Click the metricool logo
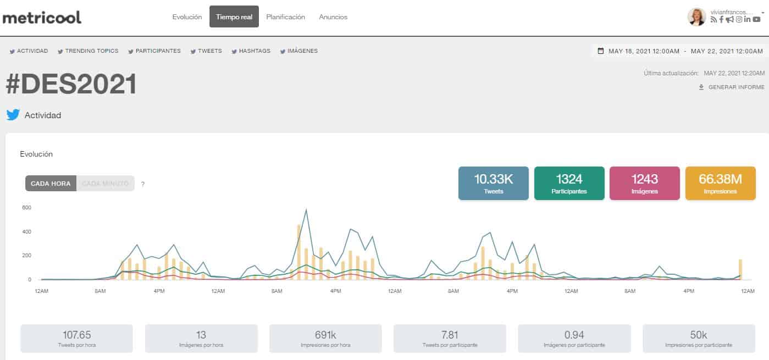pyautogui.click(x=42, y=18)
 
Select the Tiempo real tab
pyautogui.click(x=234, y=16)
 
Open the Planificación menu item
pyautogui.click(x=286, y=17)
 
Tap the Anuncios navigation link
pyautogui.click(x=333, y=17)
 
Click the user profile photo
pyautogui.click(x=697, y=17)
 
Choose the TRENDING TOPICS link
pyautogui.click(x=88, y=51)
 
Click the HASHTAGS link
pyautogui.click(x=251, y=51)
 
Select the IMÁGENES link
pyautogui.click(x=298, y=51)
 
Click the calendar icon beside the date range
pyautogui.click(x=601, y=51)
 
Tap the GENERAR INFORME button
pyautogui.click(x=732, y=87)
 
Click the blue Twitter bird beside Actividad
pyautogui.click(x=13, y=115)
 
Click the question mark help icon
pyautogui.click(x=143, y=184)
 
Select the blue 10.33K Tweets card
pyautogui.click(x=493, y=183)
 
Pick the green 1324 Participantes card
pyautogui.click(x=569, y=183)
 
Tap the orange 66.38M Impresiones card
pyautogui.click(x=720, y=183)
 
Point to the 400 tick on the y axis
pyautogui.click(x=26, y=231)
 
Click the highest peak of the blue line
pyautogui.click(x=306, y=210)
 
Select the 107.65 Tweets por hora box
pyautogui.click(x=76, y=339)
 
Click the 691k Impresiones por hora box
pyautogui.click(x=325, y=339)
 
